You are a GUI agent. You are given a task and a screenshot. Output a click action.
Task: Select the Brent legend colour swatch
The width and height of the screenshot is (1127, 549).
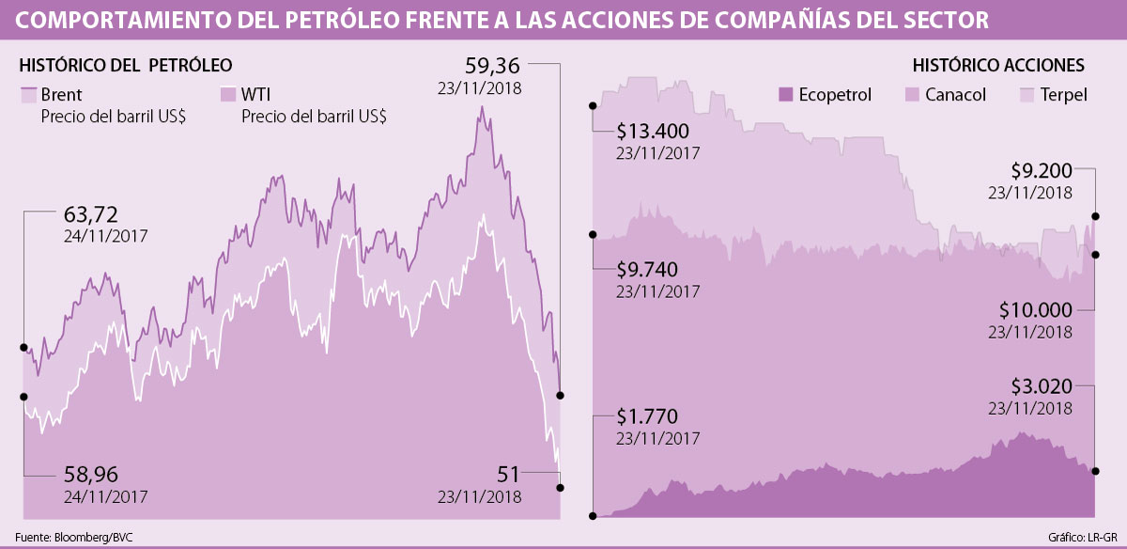pos(28,95)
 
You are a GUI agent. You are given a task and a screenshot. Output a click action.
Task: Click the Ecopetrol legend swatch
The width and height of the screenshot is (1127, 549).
pos(787,95)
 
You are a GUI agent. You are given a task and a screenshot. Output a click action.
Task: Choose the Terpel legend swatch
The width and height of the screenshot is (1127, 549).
pos(1027,95)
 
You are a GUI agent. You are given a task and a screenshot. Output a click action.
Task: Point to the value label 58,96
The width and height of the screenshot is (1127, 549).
pos(91,474)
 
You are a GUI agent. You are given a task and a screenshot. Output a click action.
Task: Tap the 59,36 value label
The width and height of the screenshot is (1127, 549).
pos(494,67)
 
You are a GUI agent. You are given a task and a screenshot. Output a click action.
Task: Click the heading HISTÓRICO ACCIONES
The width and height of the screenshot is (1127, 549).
pos(998,65)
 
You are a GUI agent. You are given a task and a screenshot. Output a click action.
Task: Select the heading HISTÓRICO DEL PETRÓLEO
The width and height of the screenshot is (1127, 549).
pos(126,65)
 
